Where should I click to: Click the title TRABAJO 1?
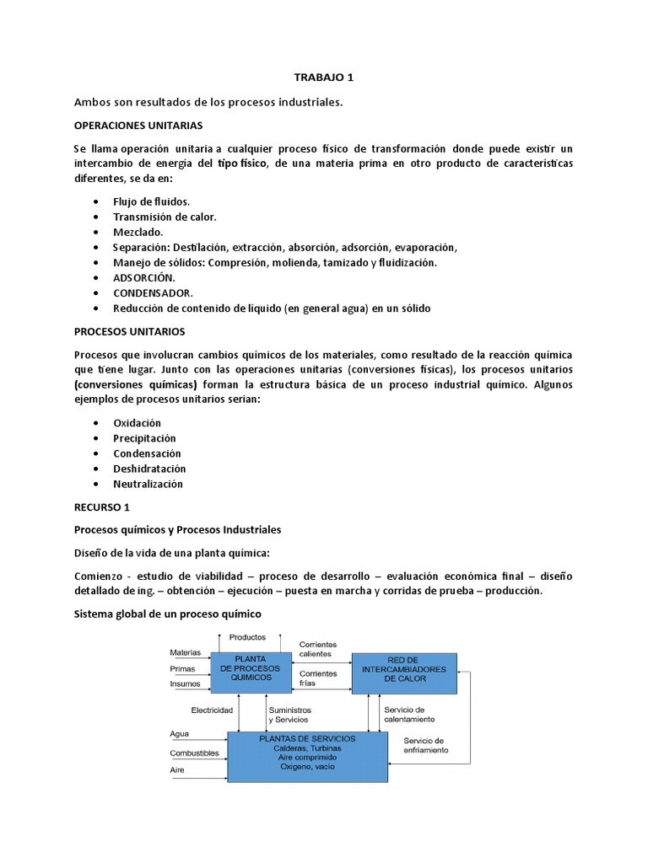pyautogui.click(x=323, y=78)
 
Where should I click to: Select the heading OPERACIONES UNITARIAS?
pyautogui.click(x=138, y=125)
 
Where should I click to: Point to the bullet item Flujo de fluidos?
pyautogui.click(x=152, y=201)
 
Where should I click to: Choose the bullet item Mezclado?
pyautogui.click(x=138, y=232)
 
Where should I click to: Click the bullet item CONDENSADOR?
pyautogui.click(x=154, y=292)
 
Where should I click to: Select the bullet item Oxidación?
pyautogui.click(x=137, y=423)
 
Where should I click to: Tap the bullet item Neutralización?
pyautogui.click(x=148, y=484)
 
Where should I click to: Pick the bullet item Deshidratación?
pyautogui.click(x=149, y=469)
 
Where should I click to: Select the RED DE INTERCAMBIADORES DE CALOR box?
pyautogui.click(x=404, y=672)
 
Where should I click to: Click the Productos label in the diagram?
pyautogui.click(x=247, y=637)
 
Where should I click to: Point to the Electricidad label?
pyautogui.click(x=212, y=710)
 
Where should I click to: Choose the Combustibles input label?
pyautogui.click(x=195, y=753)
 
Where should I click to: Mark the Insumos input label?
pyautogui.click(x=186, y=683)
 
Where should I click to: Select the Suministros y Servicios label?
pyautogui.click(x=289, y=715)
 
